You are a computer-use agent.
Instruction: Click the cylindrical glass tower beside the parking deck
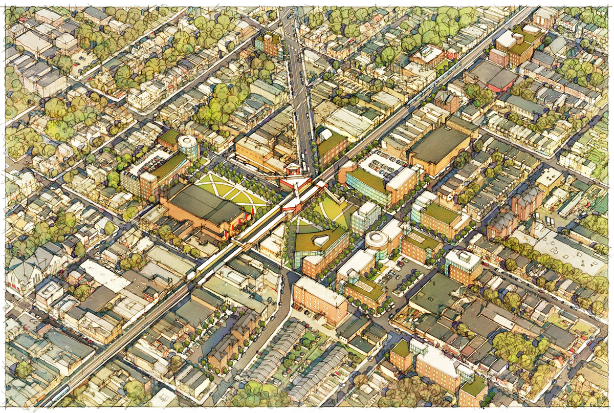(189, 147)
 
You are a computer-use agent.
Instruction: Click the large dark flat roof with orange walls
(439, 147)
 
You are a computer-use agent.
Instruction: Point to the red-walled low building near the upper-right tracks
(502, 81)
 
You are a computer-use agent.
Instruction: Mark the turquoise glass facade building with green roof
(365, 187)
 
